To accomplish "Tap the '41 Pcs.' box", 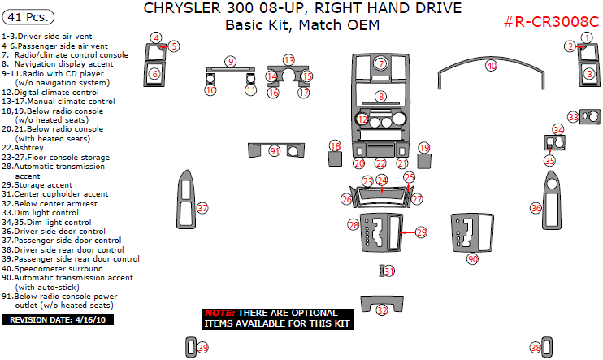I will coord(28,16).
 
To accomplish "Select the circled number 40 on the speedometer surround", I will coord(491,65).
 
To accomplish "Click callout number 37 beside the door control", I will coord(202,208).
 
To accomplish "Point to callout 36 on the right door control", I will coord(536,208).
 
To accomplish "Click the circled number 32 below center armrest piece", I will coord(382,310).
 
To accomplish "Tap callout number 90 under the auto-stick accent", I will coord(472,259).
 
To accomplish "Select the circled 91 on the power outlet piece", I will coord(275,151).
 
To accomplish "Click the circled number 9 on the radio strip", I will coord(231,62).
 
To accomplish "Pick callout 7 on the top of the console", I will coord(381,63).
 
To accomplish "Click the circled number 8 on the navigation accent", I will coord(380,97).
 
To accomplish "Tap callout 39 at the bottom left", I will coord(203,348).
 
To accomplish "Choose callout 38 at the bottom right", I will coord(535,348).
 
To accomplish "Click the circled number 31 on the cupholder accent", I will coord(389,271).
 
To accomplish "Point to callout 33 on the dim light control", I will coord(573,118).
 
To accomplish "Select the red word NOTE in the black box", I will coord(219,313).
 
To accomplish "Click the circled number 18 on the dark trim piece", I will coord(334,145).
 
